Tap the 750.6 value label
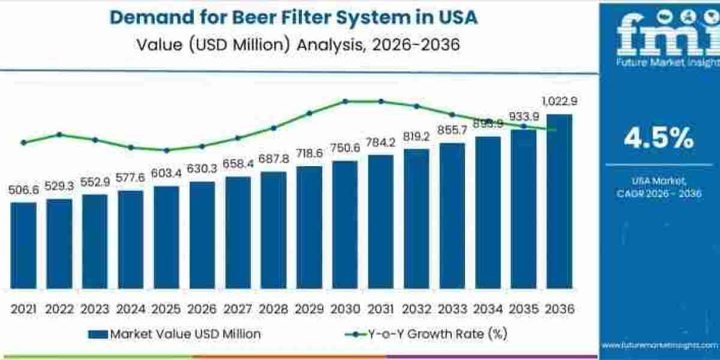tap(345, 148)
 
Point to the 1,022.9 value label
tap(559, 101)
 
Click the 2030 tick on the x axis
tap(345, 308)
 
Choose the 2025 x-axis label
tap(166, 308)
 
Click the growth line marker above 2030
tap(345, 101)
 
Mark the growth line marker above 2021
tap(23, 142)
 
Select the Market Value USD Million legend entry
tap(175, 334)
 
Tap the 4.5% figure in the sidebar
tap(658, 139)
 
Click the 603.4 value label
tap(166, 173)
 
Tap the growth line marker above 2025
tap(166, 150)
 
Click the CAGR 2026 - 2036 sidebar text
tap(658, 193)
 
